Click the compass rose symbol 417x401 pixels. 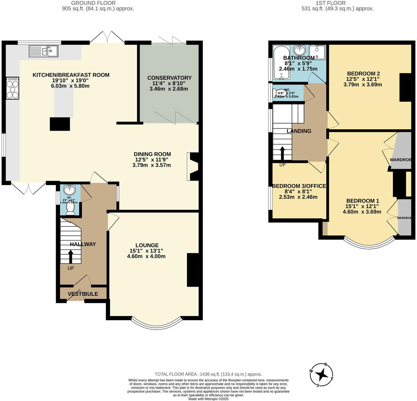pos(321,375)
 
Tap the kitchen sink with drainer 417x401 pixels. pos(43,51)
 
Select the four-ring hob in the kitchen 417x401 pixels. pos(13,88)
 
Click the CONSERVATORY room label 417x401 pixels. pos(169,78)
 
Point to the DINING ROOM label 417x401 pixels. pos(152,154)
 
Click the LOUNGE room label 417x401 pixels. pos(147,245)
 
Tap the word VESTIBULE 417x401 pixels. pos(83,294)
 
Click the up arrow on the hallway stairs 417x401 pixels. pos(71,257)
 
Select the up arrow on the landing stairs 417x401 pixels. pos(282,153)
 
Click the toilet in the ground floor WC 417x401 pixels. pos(70,208)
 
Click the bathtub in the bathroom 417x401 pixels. pos(281,62)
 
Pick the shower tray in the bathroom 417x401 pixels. pos(317,52)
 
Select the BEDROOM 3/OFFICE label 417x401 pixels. pos(299,186)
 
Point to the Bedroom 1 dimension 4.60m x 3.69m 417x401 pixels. pos(362,212)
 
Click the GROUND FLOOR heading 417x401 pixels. pos(93,3)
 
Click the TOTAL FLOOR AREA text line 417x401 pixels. pos(208,374)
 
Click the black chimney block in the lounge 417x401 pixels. pos(193,270)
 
